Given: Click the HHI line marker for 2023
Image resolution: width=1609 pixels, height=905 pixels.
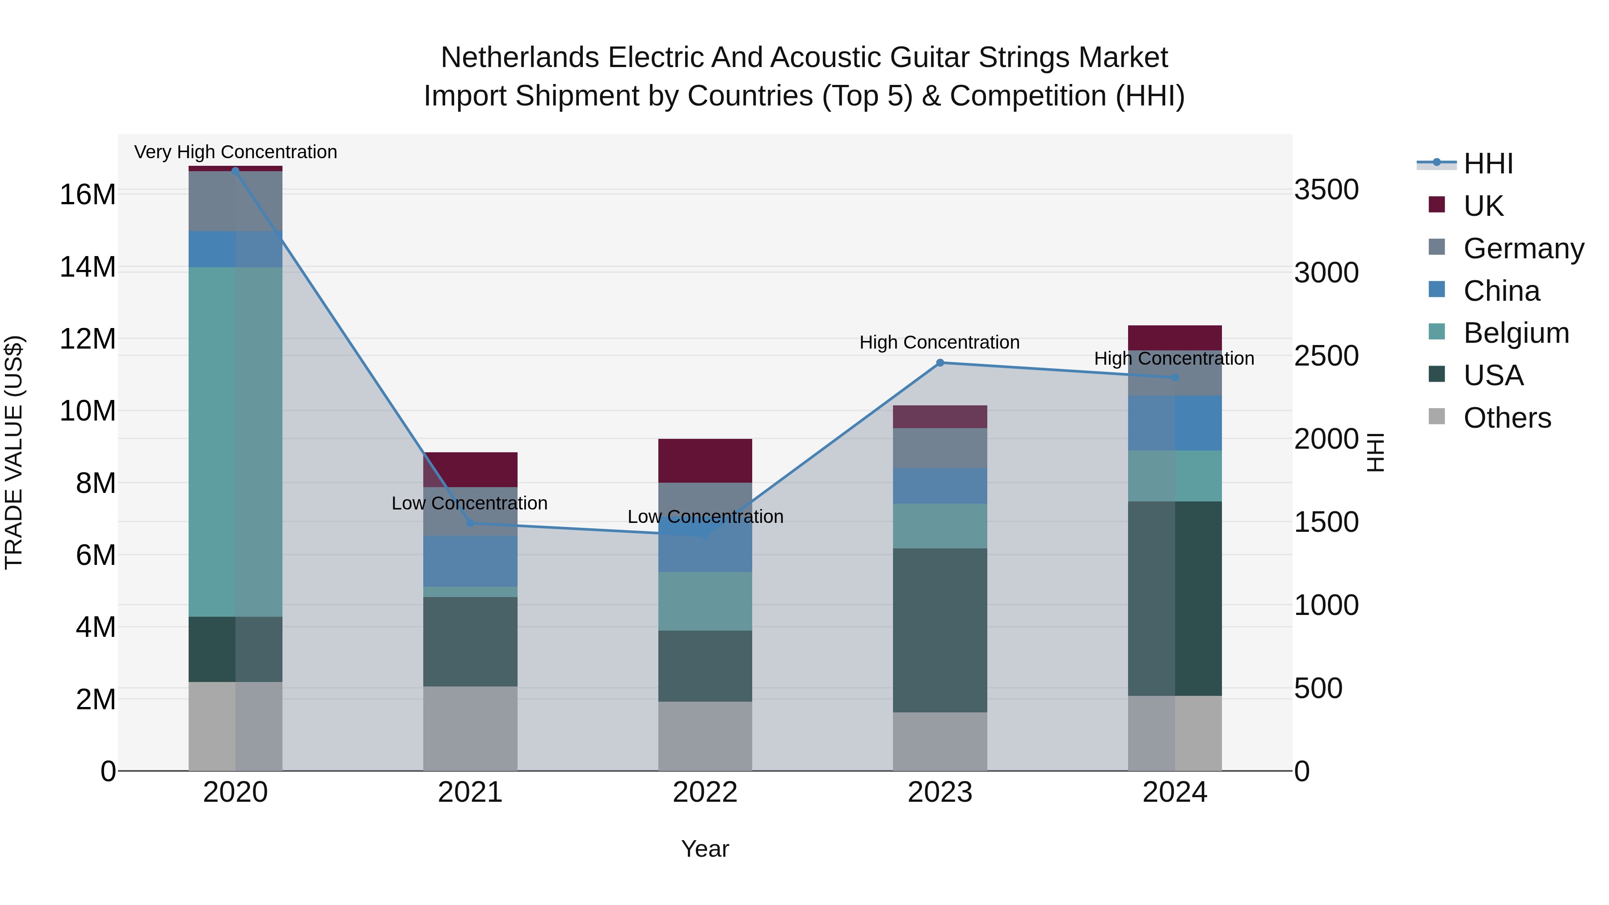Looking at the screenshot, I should (x=939, y=363).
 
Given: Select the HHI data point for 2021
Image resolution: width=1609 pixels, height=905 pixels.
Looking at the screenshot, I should (x=470, y=523).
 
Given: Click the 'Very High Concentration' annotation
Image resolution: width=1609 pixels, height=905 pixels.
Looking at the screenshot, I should (x=236, y=152).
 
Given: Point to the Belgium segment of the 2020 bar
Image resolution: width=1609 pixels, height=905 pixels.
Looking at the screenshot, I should (x=236, y=442).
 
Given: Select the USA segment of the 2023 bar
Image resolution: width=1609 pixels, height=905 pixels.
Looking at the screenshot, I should (x=939, y=630).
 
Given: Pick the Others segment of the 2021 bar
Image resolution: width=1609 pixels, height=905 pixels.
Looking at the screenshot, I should (x=470, y=728).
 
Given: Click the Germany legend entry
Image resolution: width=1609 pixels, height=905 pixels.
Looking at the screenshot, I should (x=1523, y=248).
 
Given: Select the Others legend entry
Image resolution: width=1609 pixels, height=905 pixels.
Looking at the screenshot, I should (x=1507, y=418).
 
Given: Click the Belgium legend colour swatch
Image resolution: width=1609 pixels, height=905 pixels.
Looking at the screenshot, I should (x=1436, y=332).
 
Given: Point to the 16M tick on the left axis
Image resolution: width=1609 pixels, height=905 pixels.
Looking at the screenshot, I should (x=88, y=195).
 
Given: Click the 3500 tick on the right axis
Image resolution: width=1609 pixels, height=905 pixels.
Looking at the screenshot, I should (x=1326, y=190).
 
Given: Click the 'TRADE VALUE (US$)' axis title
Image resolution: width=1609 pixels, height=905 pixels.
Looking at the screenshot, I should (x=14, y=452).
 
